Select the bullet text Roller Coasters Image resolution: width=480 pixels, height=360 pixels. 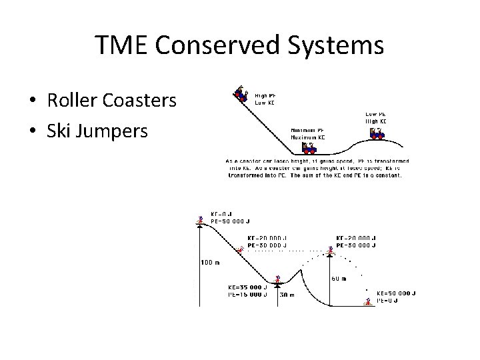coord(111,101)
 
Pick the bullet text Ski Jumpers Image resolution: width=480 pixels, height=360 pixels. coord(97,130)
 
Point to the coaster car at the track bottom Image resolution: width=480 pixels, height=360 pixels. coord(309,147)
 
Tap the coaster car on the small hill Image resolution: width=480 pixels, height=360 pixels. coord(377,134)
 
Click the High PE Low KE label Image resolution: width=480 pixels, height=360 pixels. coord(265,99)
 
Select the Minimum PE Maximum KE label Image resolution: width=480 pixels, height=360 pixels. coord(307,134)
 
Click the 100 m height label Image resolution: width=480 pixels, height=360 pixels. coord(211,262)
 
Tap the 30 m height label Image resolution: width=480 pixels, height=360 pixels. coord(287,294)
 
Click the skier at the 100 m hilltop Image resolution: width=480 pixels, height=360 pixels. coord(200,219)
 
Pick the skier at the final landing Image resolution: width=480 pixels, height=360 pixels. coord(367,301)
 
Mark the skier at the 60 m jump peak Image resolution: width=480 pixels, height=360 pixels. coord(329,250)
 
